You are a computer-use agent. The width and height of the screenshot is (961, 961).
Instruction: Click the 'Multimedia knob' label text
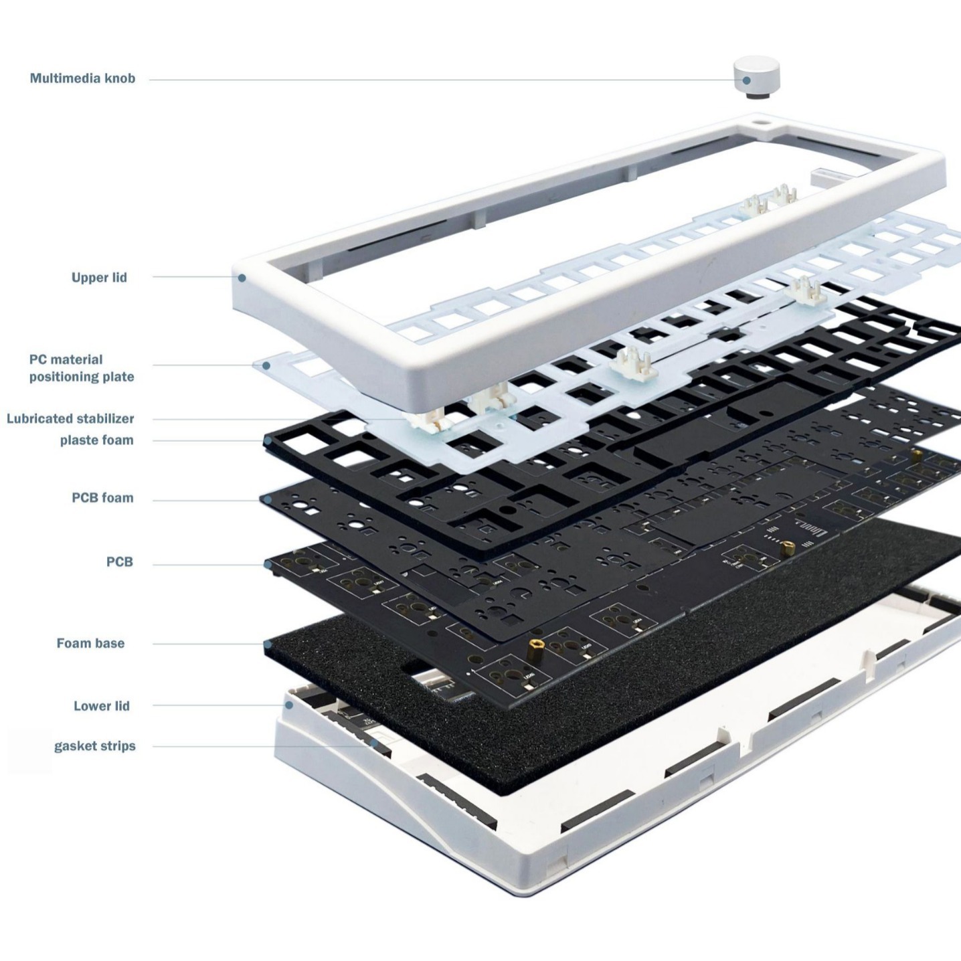point(82,78)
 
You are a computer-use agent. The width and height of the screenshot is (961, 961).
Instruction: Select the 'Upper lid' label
point(99,277)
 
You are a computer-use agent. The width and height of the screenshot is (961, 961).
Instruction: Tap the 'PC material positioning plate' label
point(81,368)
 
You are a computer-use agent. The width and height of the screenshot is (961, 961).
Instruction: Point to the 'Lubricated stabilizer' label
point(70,419)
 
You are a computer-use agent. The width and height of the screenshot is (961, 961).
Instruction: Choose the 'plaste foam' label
point(96,440)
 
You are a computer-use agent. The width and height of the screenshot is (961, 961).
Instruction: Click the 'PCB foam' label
point(102,498)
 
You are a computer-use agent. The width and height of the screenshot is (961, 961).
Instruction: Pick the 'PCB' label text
point(119,562)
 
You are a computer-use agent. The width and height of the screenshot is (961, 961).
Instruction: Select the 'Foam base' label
point(90,643)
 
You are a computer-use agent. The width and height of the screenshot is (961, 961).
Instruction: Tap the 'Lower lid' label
point(101,706)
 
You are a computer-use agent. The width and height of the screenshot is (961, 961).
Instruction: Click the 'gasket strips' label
point(94,746)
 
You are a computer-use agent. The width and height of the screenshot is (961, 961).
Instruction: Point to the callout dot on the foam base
point(268,645)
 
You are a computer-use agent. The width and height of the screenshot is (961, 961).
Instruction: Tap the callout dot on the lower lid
point(289,705)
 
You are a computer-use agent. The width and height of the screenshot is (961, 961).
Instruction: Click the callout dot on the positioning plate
point(266,365)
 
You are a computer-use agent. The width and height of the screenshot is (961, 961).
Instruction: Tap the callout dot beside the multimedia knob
point(746,81)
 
